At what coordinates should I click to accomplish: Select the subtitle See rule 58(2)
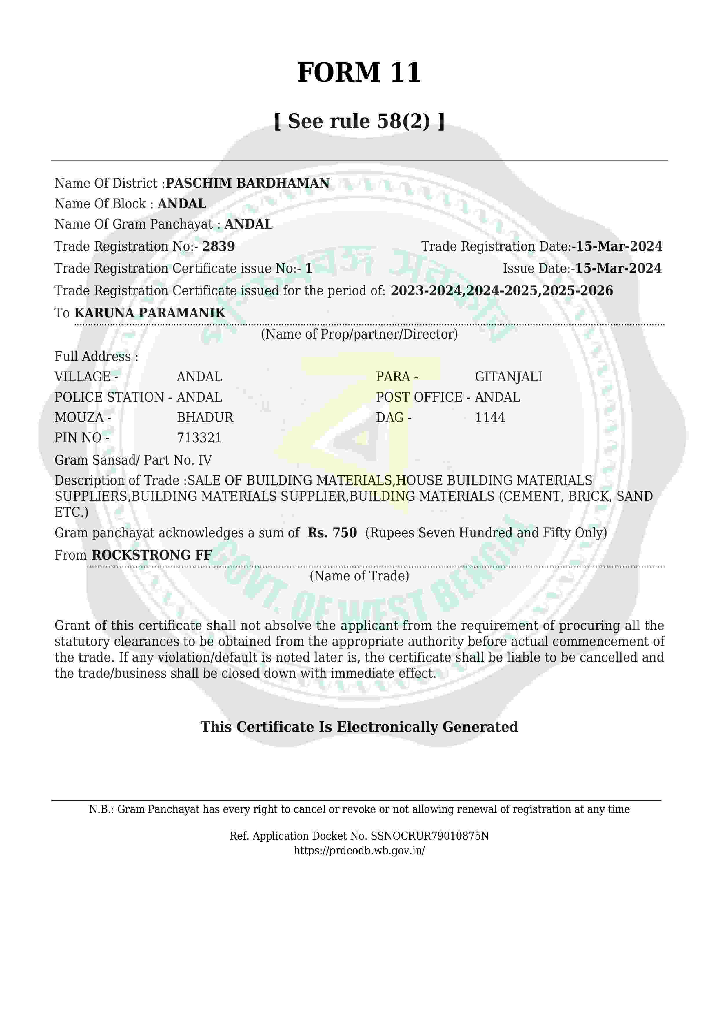tap(359, 121)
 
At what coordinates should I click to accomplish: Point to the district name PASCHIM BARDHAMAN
tap(247, 183)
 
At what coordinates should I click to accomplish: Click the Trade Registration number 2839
tap(218, 246)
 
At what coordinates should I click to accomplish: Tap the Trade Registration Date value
tap(619, 246)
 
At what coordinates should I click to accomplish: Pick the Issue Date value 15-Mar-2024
tap(618, 268)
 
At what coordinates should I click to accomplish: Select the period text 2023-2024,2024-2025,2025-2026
tap(502, 291)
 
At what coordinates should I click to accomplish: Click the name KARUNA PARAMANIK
tap(150, 313)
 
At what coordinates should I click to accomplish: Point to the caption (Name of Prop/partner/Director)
tap(359, 334)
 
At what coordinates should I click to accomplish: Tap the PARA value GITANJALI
tap(508, 377)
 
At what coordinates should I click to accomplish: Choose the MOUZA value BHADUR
tap(205, 417)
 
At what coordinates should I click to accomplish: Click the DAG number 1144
tap(490, 417)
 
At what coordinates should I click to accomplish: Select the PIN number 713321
tap(199, 438)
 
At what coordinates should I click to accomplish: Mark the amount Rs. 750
tap(332, 533)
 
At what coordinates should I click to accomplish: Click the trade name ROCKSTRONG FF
tap(152, 555)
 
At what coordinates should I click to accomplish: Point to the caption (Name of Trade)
tap(359, 576)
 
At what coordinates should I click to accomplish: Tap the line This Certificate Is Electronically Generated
tap(359, 727)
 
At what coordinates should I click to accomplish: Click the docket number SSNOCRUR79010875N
tap(429, 836)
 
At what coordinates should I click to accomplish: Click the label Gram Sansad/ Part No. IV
tap(133, 460)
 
